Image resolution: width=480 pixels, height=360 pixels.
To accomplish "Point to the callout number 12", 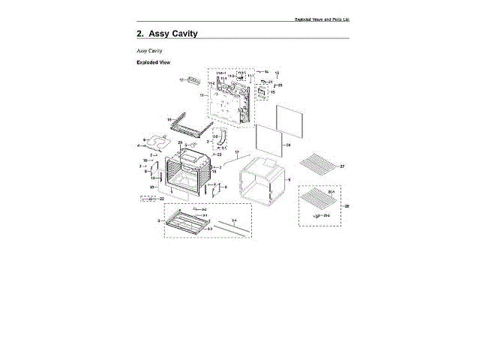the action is click(x=181, y=79).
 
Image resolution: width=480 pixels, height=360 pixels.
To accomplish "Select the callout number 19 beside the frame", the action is click(x=169, y=119).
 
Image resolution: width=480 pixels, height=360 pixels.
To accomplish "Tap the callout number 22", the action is click(x=161, y=199).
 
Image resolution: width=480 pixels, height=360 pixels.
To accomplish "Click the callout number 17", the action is click(x=237, y=152).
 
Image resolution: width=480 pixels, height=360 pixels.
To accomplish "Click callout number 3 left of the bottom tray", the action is click(x=158, y=221).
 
